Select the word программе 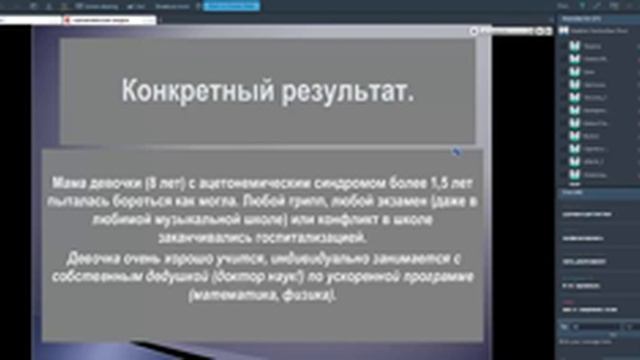click(427, 277)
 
